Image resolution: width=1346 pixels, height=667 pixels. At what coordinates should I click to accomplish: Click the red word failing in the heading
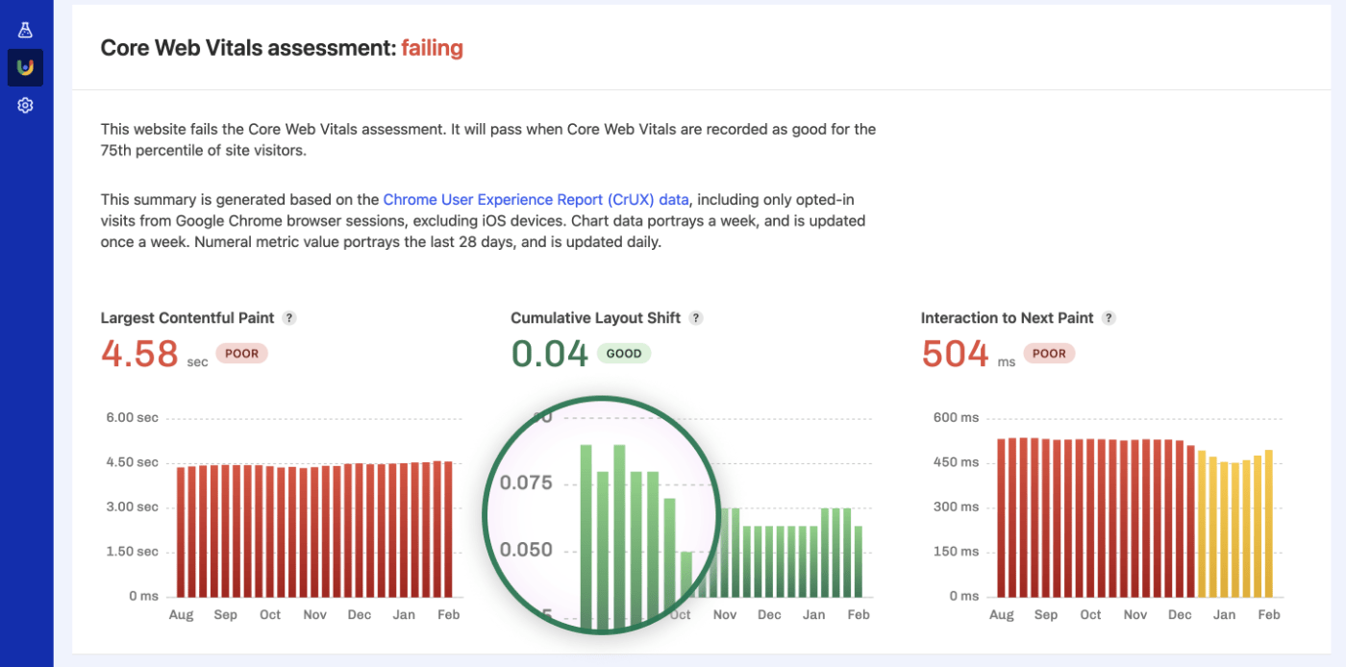pyautogui.click(x=432, y=47)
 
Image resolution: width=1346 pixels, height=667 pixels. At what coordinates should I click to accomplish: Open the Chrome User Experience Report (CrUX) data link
pyautogui.click(x=536, y=200)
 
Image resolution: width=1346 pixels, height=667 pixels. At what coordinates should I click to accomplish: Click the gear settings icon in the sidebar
pyautogui.click(x=25, y=106)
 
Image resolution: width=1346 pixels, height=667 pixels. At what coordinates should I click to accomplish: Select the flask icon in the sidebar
pyautogui.click(x=25, y=30)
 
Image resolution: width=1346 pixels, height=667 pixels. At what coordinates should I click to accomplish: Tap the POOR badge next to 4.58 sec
pyautogui.click(x=241, y=354)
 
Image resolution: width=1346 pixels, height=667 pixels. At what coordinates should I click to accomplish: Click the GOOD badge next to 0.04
pyautogui.click(x=623, y=354)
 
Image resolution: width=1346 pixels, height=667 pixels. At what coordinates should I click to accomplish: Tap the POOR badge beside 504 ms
pyautogui.click(x=1048, y=354)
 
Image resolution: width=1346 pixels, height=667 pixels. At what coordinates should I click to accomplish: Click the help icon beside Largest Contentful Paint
pyautogui.click(x=289, y=318)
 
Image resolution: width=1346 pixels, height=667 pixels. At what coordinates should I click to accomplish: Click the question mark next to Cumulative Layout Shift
pyautogui.click(x=696, y=318)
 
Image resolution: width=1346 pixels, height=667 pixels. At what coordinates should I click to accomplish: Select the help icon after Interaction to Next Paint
pyautogui.click(x=1109, y=318)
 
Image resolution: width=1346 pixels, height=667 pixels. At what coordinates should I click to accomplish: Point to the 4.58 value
pyautogui.click(x=139, y=354)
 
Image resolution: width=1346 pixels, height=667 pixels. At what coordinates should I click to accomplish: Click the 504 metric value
pyautogui.click(x=955, y=354)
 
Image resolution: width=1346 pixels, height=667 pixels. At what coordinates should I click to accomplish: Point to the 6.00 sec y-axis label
pyautogui.click(x=132, y=418)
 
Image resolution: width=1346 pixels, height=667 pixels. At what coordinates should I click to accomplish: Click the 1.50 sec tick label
pyautogui.click(x=132, y=552)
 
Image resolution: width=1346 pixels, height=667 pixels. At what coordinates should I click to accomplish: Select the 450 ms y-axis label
pyautogui.click(x=956, y=462)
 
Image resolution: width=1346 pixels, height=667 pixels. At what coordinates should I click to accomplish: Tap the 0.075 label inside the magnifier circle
pyautogui.click(x=526, y=482)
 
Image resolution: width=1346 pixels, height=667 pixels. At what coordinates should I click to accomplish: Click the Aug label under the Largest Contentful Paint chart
pyautogui.click(x=180, y=615)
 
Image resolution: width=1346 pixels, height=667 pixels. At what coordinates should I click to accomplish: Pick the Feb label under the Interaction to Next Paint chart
pyautogui.click(x=1269, y=615)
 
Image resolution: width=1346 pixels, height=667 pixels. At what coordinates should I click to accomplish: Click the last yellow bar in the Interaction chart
pyautogui.click(x=1269, y=523)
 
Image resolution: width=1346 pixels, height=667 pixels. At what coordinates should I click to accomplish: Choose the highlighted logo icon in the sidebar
pyautogui.click(x=25, y=67)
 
